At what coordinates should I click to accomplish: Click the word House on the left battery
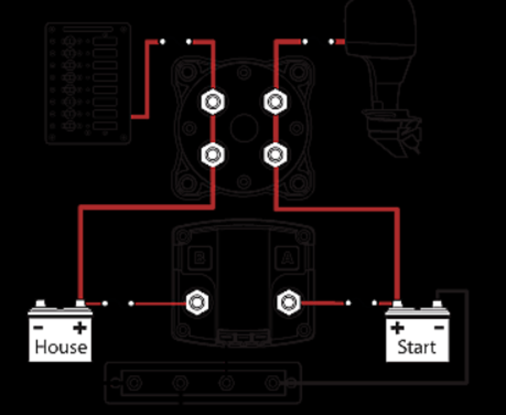(61, 347)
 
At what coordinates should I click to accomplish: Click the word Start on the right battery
(417, 347)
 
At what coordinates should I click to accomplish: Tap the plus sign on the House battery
(80, 328)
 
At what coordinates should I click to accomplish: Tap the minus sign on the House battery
(39, 328)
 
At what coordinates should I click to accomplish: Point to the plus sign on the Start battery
(397, 328)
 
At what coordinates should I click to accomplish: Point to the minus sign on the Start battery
(438, 328)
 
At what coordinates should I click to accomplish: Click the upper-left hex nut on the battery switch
(210, 101)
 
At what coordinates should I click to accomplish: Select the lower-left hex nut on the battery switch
(210, 153)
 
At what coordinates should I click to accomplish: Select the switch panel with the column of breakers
(89, 82)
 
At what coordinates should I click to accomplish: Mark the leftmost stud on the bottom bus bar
(133, 383)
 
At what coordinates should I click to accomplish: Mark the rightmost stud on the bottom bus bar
(273, 383)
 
